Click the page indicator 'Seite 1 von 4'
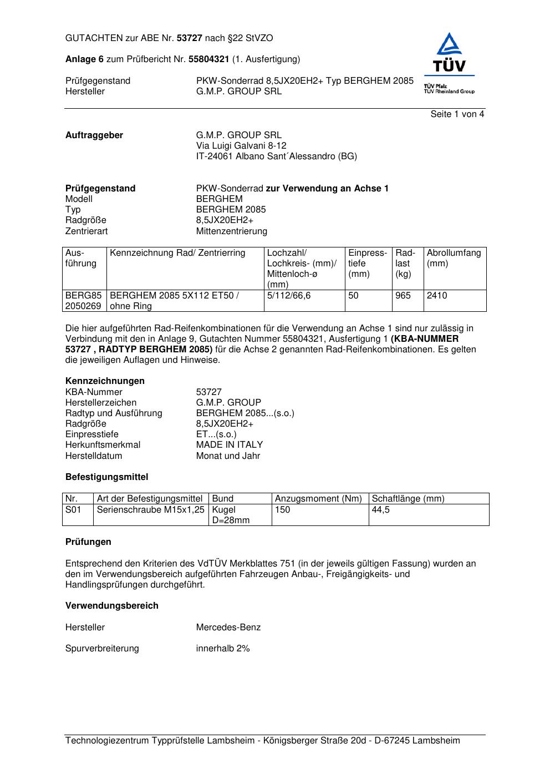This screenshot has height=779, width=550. tap(457, 114)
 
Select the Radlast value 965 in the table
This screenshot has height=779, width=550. tap(403, 296)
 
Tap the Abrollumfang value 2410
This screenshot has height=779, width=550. tap(437, 296)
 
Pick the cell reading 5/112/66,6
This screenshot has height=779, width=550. tap(289, 296)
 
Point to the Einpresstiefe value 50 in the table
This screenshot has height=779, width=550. tap(354, 296)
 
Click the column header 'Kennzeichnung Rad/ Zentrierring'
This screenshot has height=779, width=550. tap(177, 253)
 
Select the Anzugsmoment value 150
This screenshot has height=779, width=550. tap(283, 509)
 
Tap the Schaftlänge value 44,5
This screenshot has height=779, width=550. tap(381, 509)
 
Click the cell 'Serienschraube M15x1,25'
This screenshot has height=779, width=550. tap(151, 509)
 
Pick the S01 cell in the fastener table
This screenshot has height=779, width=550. tap(73, 509)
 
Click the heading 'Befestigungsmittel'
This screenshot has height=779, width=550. tap(106, 477)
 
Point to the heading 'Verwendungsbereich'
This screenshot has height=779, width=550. tap(111, 606)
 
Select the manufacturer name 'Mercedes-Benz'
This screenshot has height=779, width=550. tap(228, 628)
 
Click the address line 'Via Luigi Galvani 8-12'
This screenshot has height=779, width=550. tap(241, 146)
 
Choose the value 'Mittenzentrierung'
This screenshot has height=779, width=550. tap(231, 231)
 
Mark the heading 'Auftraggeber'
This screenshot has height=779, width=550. tap(94, 135)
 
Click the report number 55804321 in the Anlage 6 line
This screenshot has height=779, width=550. tap(209, 59)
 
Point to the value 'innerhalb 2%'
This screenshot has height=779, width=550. tap(223, 649)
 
